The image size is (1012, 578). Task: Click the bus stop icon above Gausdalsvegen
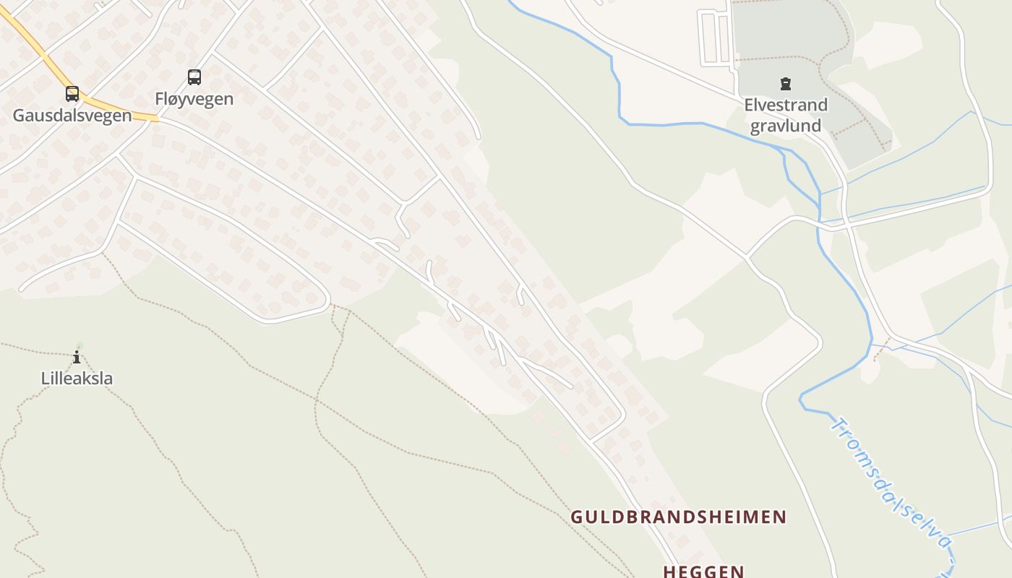pos(72,94)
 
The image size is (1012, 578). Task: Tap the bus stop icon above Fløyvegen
pos(194,77)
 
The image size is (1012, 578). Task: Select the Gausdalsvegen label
pos(72,116)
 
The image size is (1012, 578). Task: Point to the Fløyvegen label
pos(194,99)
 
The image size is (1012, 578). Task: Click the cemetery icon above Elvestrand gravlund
pos(785,85)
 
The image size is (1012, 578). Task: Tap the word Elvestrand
pos(786,105)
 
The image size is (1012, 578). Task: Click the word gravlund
pos(786,126)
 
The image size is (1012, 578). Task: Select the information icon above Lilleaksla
pos(77,357)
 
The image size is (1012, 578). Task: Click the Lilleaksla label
pos(77,378)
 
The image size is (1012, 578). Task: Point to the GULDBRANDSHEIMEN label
pos(679,517)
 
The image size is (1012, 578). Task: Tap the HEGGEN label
pos(704,571)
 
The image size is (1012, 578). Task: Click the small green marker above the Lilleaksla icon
pos(79,346)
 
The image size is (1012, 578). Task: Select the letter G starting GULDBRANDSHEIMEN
pos(577,517)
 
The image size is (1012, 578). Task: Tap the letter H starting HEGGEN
pos(669,571)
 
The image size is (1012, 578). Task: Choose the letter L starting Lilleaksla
pos(45,378)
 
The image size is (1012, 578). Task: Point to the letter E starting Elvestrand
pos(749,105)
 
